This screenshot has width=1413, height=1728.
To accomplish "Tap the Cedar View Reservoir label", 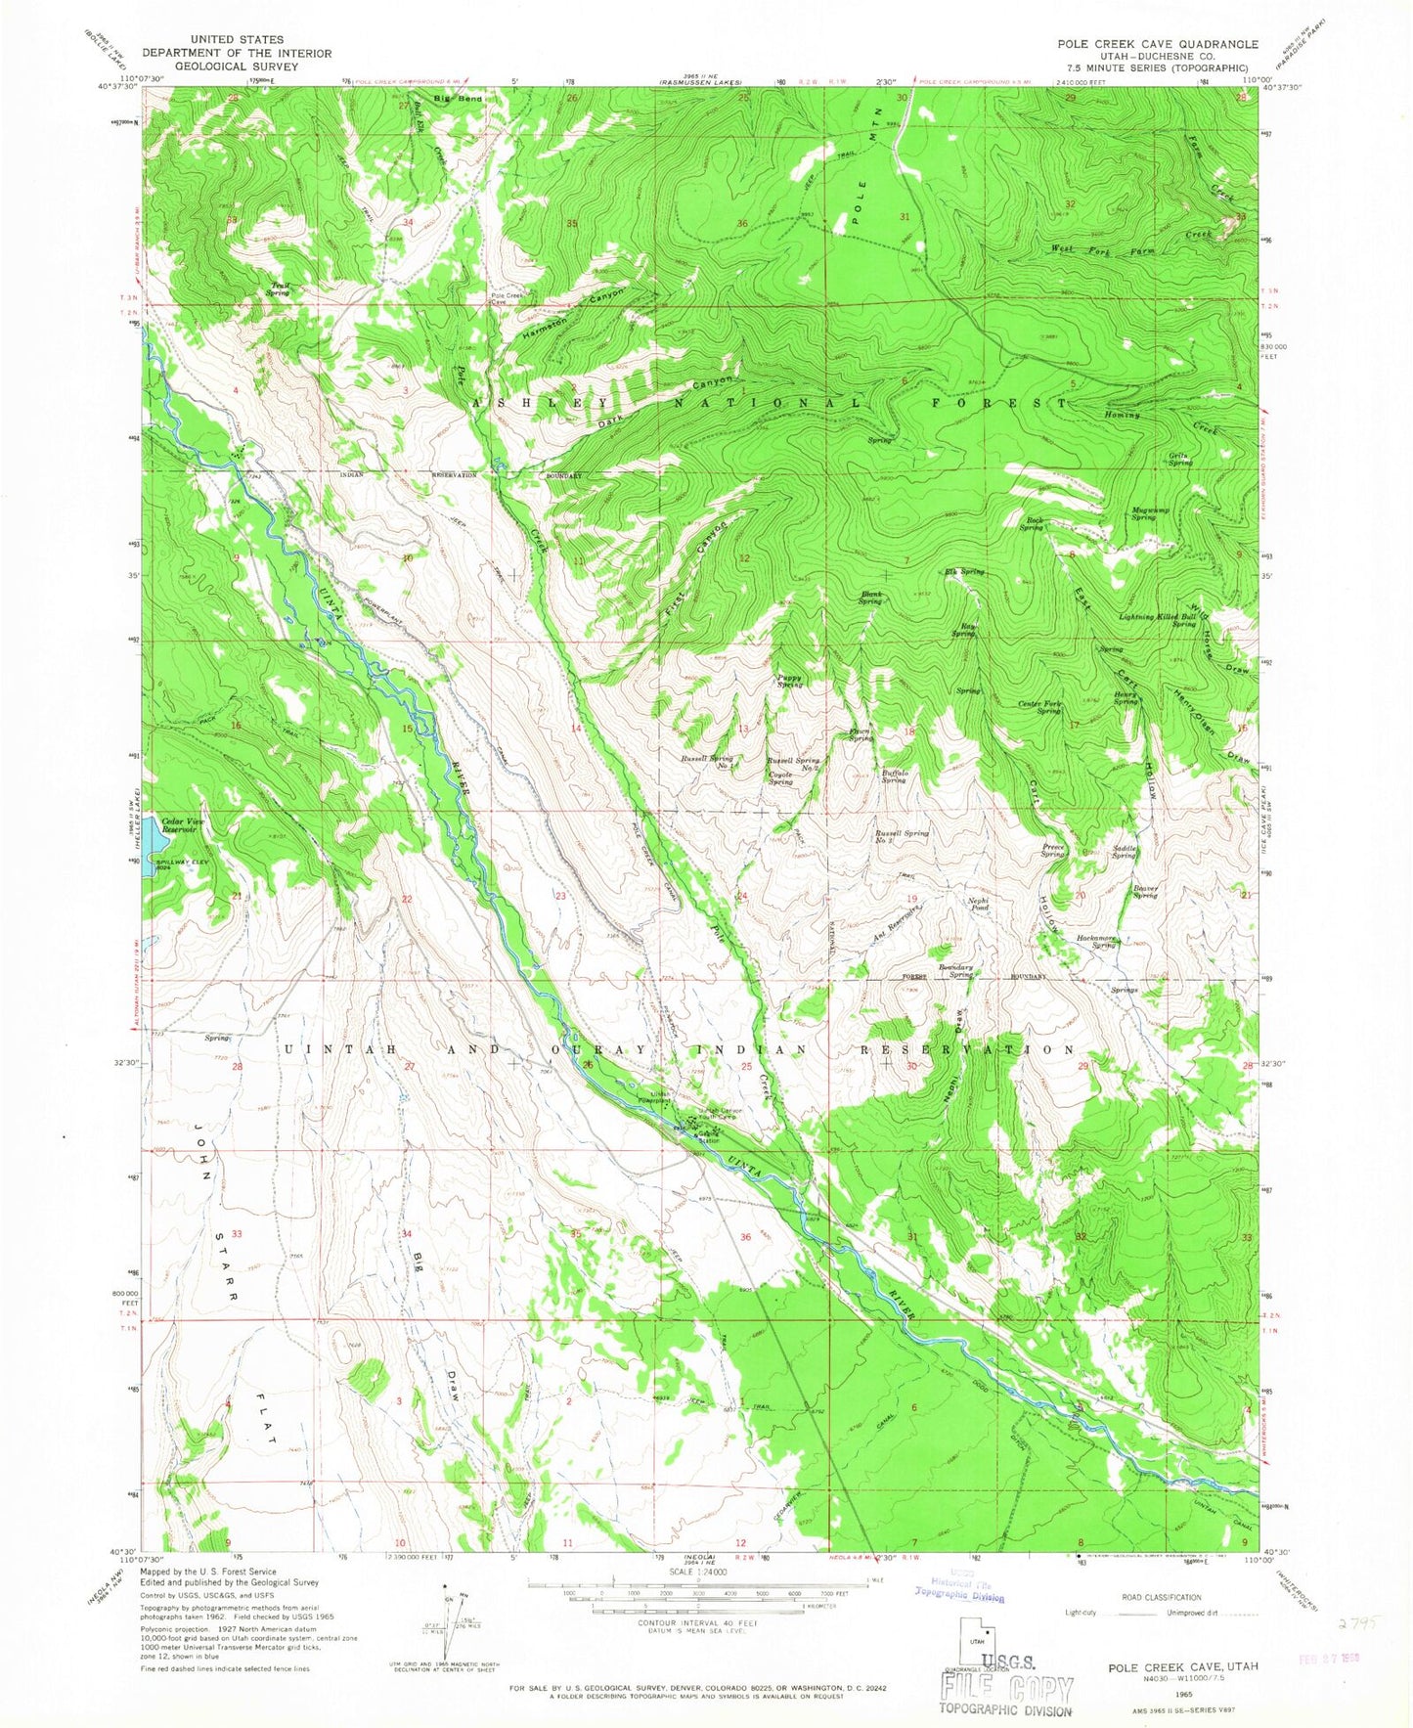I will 183,824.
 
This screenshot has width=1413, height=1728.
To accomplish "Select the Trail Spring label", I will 280,289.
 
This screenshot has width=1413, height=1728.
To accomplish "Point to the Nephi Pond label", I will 979,905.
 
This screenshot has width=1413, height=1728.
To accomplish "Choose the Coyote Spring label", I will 780,778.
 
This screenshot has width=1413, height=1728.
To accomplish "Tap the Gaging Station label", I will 706,1137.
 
